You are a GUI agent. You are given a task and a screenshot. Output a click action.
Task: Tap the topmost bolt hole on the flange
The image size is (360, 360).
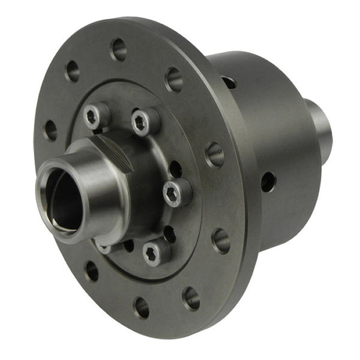point(119,49)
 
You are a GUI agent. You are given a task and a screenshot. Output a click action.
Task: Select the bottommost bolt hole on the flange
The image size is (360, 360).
point(142,307)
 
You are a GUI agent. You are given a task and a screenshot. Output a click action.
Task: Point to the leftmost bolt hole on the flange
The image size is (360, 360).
point(50,130)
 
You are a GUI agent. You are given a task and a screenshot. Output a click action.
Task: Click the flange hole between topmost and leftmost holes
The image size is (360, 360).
point(73,71)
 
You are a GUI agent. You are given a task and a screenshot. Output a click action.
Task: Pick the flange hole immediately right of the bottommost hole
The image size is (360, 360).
point(191,297)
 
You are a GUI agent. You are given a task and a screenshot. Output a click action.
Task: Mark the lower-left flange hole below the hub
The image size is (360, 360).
point(92,271)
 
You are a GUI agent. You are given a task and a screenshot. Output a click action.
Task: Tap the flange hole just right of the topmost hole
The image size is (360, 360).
point(174,79)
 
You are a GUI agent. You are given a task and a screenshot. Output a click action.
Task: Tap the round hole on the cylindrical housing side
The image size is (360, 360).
point(268,181)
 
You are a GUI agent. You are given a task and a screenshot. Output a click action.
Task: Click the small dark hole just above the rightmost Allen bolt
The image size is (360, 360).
point(175,169)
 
